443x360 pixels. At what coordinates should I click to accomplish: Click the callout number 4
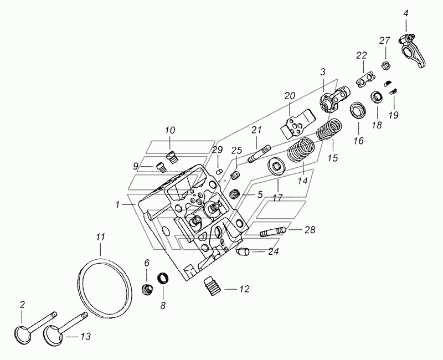pyautogui.click(x=405, y=12)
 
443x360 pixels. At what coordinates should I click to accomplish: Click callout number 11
pyautogui.click(x=100, y=238)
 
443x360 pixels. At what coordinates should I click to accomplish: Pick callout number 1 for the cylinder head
pyautogui.click(x=118, y=205)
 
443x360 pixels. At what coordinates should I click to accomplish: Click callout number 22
pyautogui.click(x=362, y=55)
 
